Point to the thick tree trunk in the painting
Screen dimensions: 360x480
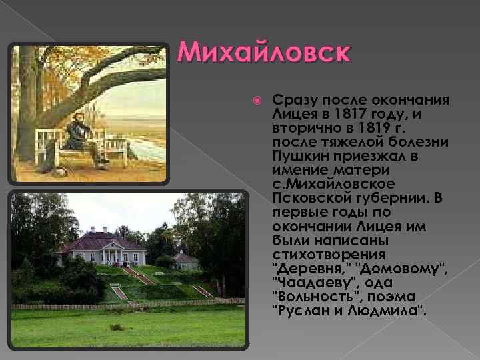tap(27, 107)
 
